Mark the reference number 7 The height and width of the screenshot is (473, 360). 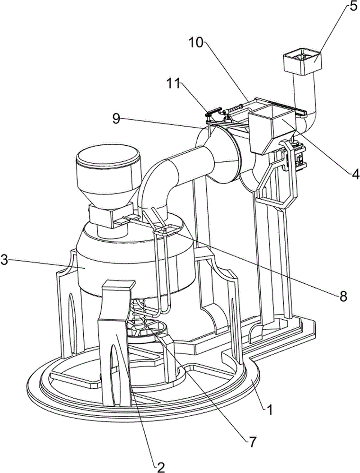point(252,442)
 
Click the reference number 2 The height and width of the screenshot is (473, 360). point(161,466)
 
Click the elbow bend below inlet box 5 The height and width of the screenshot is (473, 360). point(307,116)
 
